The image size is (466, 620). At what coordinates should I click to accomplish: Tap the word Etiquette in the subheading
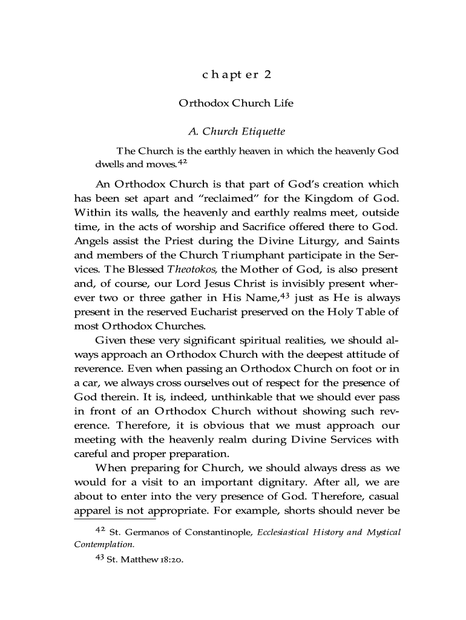click(259, 131)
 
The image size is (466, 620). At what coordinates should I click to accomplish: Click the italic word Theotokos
click(188, 269)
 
